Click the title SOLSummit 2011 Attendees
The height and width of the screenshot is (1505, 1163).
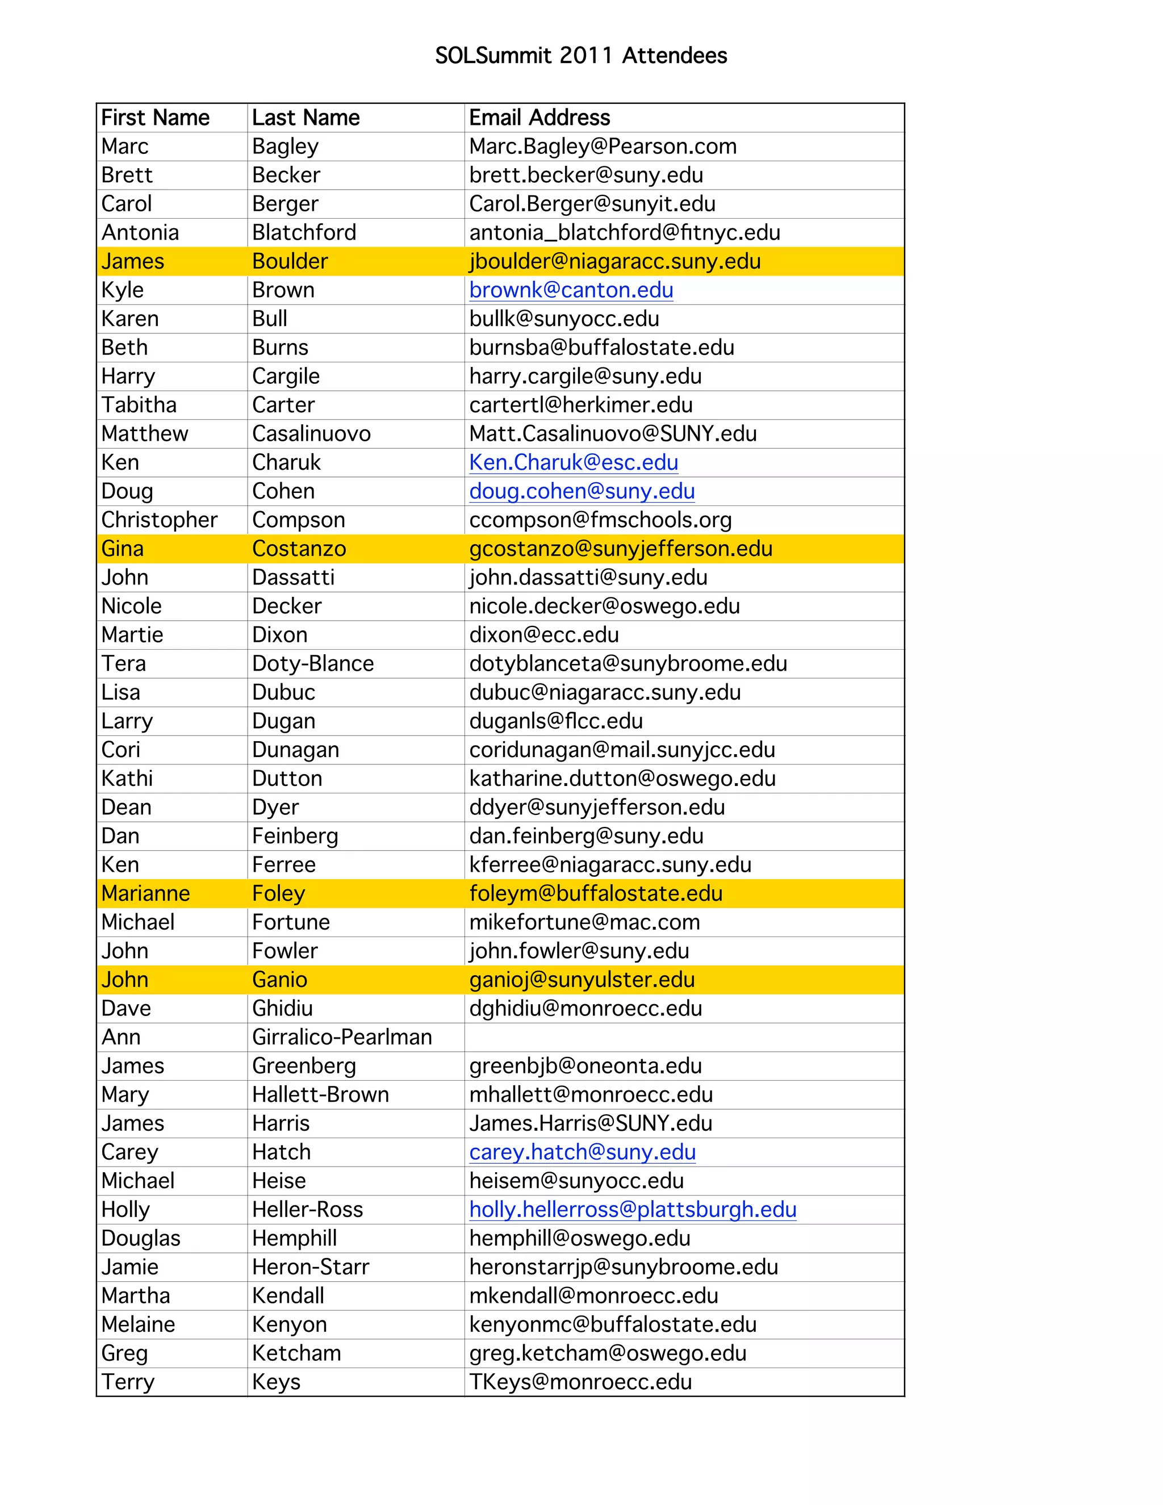581,55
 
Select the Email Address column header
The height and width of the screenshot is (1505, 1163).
539,118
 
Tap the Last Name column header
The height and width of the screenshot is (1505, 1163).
306,118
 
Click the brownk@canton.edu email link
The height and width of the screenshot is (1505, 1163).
571,290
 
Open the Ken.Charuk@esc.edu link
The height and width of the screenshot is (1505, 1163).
573,462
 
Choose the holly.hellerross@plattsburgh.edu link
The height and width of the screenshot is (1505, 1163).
633,1209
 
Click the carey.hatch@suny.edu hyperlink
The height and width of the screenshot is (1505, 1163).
582,1152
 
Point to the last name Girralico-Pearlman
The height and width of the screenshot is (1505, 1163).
342,1037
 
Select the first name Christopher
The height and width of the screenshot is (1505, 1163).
159,520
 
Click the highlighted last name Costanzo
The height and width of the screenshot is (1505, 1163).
299,549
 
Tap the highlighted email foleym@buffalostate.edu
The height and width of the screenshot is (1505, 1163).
596,894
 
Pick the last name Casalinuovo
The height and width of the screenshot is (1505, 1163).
311,433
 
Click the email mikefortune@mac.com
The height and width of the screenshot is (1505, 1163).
584,922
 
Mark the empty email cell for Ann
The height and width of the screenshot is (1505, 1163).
684,1037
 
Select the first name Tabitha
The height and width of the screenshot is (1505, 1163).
139,405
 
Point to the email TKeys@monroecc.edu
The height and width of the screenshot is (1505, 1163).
580,1382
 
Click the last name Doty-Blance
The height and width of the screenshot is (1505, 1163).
313,663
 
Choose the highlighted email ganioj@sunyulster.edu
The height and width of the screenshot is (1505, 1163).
582,980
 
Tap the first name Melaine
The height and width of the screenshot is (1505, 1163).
138,1324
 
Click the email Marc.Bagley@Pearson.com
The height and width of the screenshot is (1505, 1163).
603,146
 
